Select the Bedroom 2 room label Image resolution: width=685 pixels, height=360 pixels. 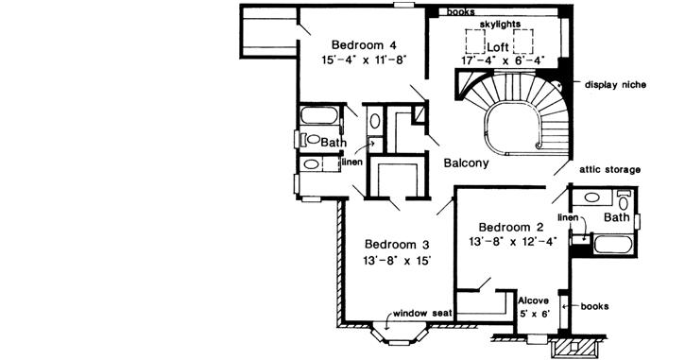(511, 227)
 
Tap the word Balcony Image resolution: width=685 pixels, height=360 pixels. (466, 163)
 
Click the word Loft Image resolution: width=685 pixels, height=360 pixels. (498, 45)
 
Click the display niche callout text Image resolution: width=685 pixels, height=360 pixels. (615, 83)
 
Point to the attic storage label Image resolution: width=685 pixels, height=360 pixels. (609, 169)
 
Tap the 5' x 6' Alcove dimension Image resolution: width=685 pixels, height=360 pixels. (535, 313)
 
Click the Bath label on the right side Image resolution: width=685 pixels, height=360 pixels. (616, 218)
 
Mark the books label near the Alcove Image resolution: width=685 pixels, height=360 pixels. (592, 307)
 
